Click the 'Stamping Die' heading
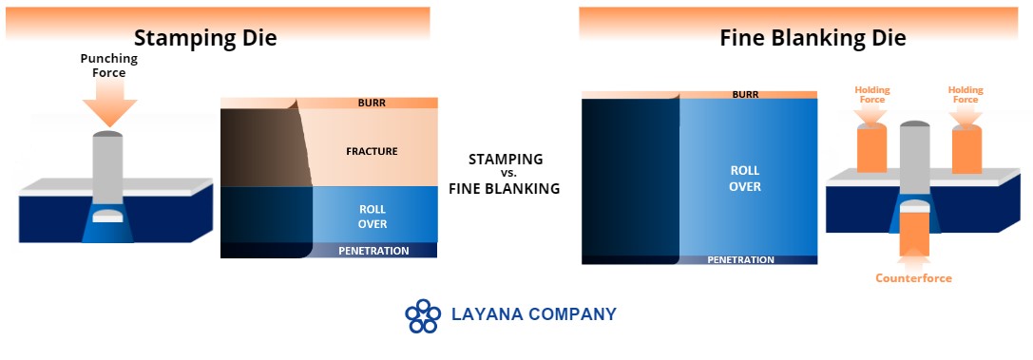point(205,38)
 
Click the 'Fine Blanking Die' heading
point(813,38)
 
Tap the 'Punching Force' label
point(109,66)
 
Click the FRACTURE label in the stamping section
point(373,151)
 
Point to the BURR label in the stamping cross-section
point(372,103)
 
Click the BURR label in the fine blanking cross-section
point(745,95)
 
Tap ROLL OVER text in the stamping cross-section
point(373,218)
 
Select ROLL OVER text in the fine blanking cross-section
point(745,179)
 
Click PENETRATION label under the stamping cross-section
point(373,251)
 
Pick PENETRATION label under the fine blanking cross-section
point(741,260)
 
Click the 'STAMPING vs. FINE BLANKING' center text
point(505,174)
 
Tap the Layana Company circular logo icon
point(423,316)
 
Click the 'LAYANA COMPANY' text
point(534,314)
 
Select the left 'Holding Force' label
point(872,95)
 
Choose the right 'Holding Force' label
point(966,95)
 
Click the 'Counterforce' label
point(913,278)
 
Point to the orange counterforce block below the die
point(914,235)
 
